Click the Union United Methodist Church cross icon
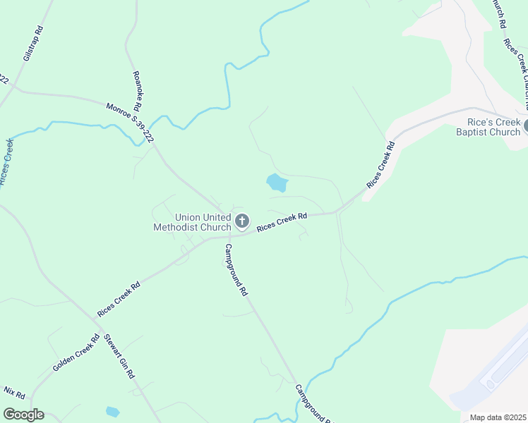coord(242,222)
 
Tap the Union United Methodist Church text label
coord(193,222)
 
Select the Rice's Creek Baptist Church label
coord(488,127)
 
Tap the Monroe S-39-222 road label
coord(131,124)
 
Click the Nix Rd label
coord(14,391)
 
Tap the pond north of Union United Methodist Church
coord(277,183)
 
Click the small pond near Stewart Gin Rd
coord(112,411)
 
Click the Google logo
coord(23,415)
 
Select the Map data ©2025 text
coord(498,417)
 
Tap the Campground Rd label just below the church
coord(236,269)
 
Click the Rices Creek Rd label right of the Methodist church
coord(282,223)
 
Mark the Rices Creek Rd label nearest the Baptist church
coord(380,165)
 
